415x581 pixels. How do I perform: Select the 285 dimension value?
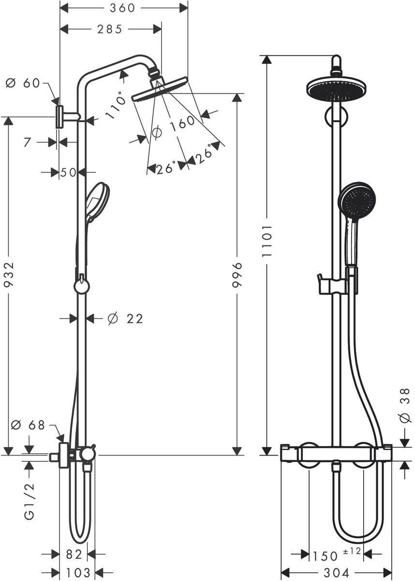click(109, 30)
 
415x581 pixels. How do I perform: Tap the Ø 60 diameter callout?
click(23, 83)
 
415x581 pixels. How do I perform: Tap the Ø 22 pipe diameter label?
click(126, 319)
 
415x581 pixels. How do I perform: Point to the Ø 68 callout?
click(28, 425)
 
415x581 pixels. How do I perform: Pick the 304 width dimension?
click(336, 573)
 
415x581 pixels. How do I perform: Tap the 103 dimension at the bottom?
click(77, 573)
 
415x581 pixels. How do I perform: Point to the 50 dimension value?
click(69, 172)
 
